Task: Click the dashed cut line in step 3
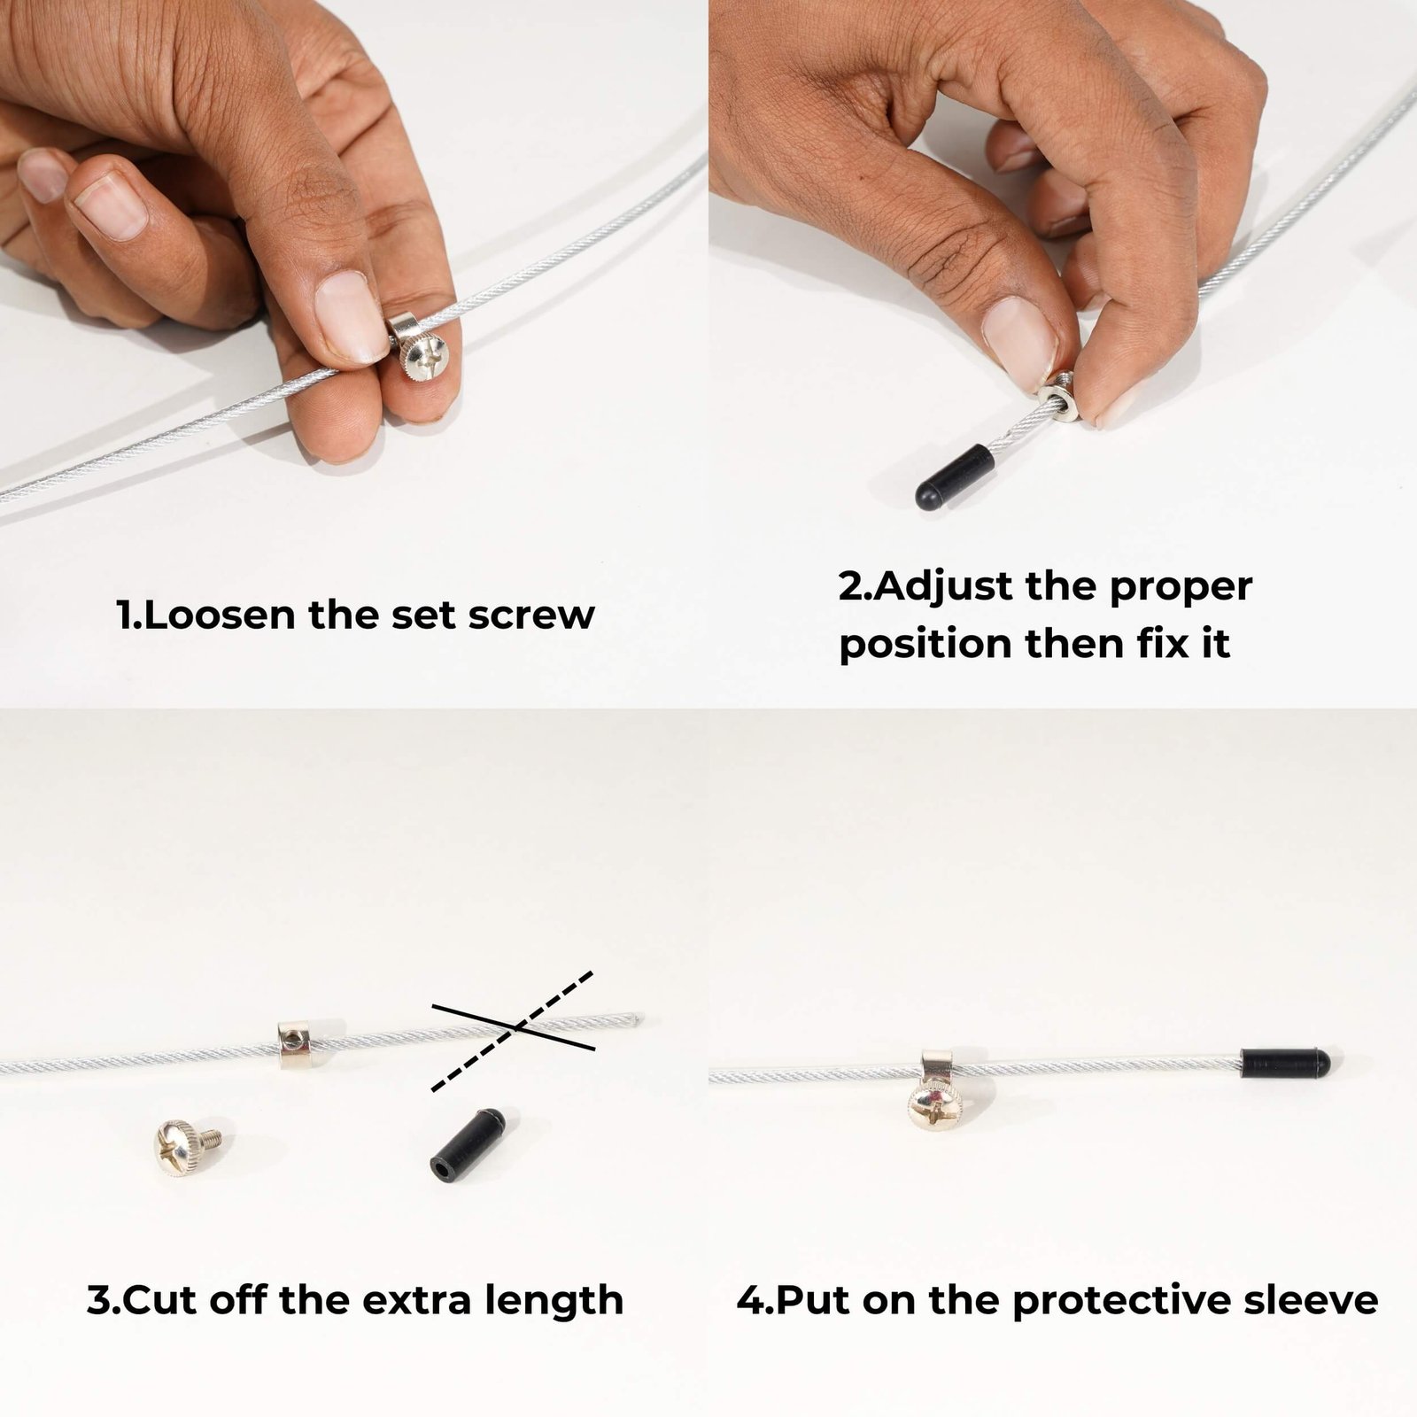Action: point(512,1031)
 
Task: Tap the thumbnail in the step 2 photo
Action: point(1018,337)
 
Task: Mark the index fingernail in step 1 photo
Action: point(110,205)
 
